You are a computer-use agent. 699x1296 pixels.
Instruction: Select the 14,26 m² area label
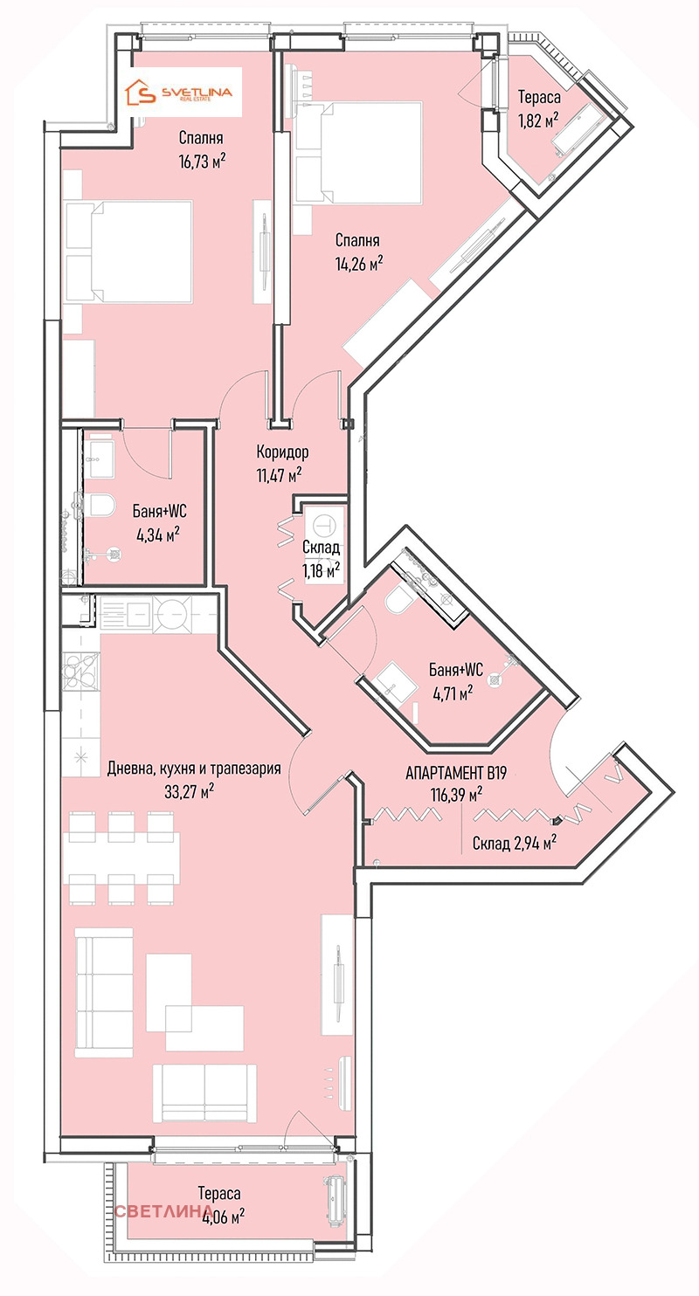pyautogui.click(x=359, y=263)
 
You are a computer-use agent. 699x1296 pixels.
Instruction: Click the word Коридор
pyautogui.click(x=282, y=452)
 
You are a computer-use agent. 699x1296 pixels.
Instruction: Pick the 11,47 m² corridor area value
pyautogui.click(x=280, y=475)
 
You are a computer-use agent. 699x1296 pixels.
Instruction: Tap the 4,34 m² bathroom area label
pyautogui.click(x=158, y=534)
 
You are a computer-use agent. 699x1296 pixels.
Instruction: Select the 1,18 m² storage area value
pyautogui.click(x=322, y=571)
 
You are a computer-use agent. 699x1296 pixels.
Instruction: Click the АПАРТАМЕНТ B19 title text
pyautogui.click(x=456, y=773)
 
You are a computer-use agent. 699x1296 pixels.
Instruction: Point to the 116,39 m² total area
pyautogui.click(x=457, y=794)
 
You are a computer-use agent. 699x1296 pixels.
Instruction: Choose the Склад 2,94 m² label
pyautogui.click(x=515, y=844)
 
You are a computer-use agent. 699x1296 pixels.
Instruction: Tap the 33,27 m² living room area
pyautogui.click(x=190, y=791)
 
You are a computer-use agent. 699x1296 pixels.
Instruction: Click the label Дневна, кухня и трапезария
pyautogui.click(x=194, y=768)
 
